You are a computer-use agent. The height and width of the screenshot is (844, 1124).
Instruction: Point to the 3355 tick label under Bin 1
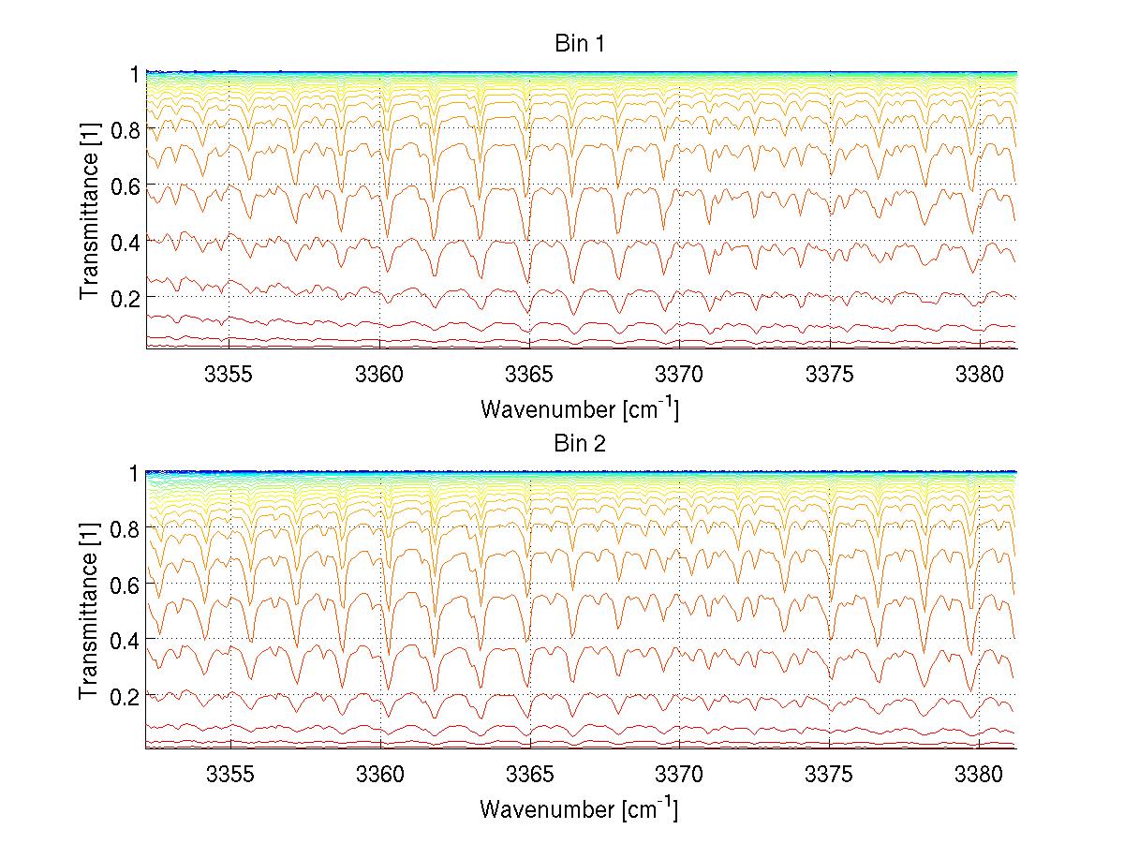(230, 374)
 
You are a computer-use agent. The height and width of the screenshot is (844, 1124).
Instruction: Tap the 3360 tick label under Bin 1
(380, 374)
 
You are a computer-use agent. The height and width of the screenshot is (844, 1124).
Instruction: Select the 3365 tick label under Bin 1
(529, 374)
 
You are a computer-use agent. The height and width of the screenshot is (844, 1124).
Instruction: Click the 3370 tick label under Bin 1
(679, 374)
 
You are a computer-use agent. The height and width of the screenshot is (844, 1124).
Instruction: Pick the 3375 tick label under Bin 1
(829, 374)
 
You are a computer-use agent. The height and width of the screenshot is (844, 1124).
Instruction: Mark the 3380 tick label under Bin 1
(979, 374)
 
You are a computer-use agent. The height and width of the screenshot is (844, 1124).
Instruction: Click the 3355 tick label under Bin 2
(230, 774)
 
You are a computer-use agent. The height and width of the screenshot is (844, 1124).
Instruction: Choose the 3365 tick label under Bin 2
(529, 774)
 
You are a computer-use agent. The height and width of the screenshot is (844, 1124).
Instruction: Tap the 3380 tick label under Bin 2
(979, 774)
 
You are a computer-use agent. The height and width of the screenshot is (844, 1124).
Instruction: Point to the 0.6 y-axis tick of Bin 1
(125, 185)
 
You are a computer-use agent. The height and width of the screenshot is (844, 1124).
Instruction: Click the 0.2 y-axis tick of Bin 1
(125, 297)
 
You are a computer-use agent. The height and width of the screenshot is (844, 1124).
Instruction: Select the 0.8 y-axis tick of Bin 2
(125, 529)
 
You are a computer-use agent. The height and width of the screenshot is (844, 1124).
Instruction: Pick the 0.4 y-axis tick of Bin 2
(125, 641)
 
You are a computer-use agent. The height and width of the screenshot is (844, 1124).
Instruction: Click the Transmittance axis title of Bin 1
(90, 210)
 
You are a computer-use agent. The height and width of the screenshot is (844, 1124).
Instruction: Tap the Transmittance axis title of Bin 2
(90, 610)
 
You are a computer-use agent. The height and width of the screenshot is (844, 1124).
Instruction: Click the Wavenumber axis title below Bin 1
(579, 408)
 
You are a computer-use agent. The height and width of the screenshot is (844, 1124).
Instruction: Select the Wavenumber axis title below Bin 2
(579, 808)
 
